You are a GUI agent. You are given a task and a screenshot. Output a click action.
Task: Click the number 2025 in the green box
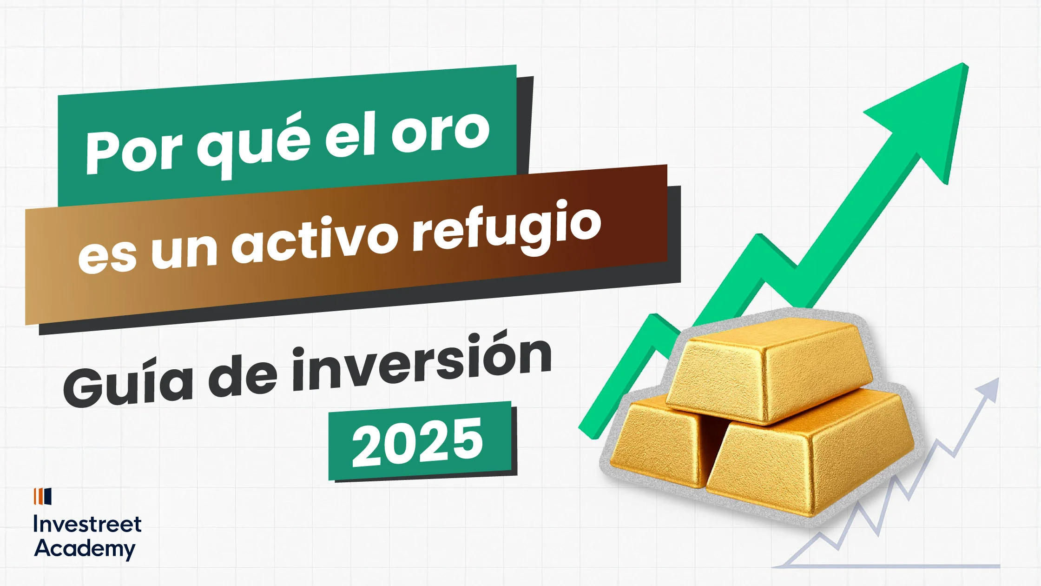[417, 441]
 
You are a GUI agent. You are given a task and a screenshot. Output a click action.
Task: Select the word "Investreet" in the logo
[87, 525]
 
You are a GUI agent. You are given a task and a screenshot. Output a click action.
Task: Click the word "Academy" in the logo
[85, 549]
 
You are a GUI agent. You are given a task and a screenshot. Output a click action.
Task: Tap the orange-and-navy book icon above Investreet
[42, 496]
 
